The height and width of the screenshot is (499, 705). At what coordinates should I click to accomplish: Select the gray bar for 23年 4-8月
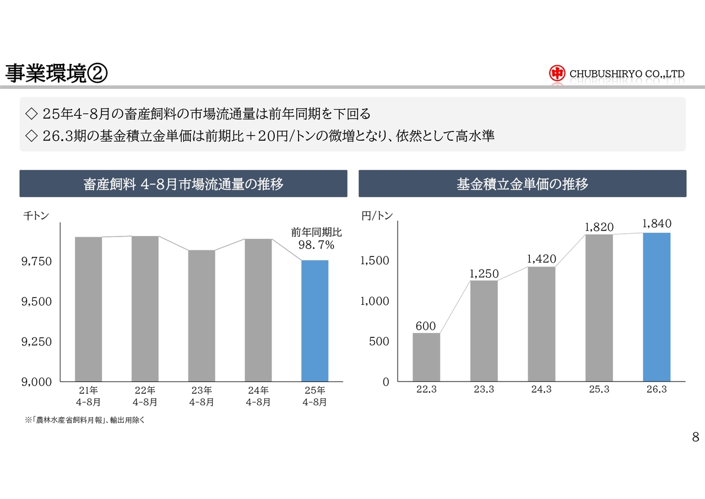202,315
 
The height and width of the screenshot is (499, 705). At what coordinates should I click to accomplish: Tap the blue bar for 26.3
657,307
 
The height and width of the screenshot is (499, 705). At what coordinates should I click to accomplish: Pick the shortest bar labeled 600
426,357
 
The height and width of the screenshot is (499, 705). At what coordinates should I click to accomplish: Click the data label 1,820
599,227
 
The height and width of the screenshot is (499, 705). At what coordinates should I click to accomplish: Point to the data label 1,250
484,273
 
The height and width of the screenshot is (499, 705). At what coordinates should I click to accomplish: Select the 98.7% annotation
316,244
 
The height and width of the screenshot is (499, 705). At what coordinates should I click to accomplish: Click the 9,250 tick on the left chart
36,342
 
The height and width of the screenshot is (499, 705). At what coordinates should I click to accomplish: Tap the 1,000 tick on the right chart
375,301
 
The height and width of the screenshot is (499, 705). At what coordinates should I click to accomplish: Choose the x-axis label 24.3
541,389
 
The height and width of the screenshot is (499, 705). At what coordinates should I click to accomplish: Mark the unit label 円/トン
377,216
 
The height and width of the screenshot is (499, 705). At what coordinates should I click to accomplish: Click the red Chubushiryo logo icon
557,73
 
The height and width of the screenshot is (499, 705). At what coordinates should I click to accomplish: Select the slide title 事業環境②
56,73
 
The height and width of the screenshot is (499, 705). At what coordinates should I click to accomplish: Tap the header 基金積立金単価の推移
522,184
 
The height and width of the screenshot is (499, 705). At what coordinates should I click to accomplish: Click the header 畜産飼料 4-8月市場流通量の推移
183,184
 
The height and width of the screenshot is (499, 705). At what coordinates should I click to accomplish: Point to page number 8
695,438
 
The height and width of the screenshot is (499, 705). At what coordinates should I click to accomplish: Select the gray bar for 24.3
541,324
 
